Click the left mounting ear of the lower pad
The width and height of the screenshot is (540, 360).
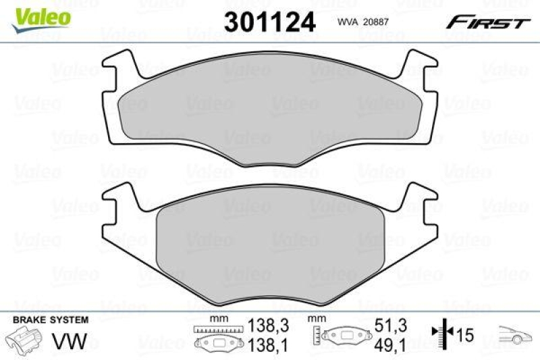(x=122, y=199)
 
